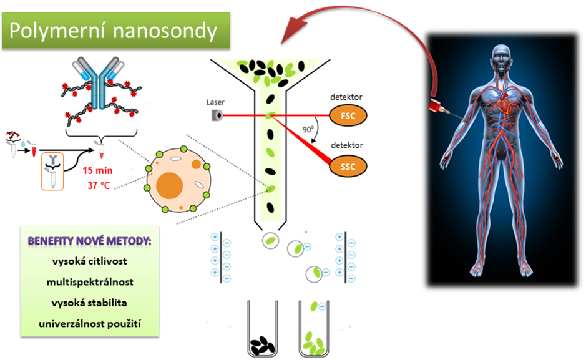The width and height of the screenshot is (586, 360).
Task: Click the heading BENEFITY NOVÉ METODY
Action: [x=89, y=241]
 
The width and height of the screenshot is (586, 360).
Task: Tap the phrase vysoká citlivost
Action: [x=89, y=261]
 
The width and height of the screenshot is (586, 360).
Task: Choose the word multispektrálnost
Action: [x=89, y=282]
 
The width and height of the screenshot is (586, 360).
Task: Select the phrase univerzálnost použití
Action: [x=89, y=324]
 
